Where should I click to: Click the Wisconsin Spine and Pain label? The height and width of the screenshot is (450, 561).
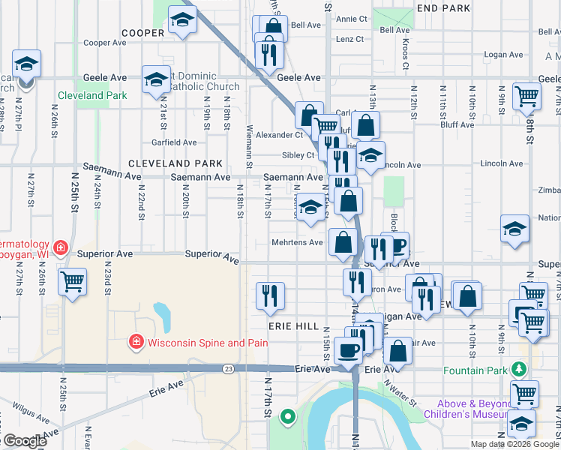(208, 343)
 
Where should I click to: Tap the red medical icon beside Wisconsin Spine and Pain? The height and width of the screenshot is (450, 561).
(136, 343)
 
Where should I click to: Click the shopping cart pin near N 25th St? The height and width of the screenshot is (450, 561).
(73, 282)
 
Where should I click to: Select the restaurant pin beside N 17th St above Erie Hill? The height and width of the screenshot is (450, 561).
(270, 295)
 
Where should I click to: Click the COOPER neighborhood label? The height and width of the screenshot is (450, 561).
(142, 33)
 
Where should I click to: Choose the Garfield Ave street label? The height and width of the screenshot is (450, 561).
(174, 142)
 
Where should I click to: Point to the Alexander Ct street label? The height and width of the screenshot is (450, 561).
(278, 135)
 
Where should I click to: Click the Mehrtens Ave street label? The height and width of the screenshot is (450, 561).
(297, 243)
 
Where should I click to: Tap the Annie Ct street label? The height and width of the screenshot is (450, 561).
(352, 19)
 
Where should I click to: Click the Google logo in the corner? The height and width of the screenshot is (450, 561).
(24, 441)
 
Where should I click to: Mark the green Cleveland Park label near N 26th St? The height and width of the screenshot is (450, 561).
(93, 95)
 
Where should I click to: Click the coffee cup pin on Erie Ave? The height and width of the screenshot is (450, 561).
(348, 349)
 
